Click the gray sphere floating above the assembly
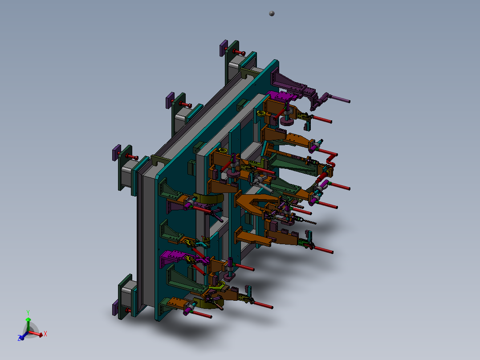point(272,13)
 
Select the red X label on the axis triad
point(45,333)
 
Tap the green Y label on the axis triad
point(28,312)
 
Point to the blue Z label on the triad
point(20,339)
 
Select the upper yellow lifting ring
point(262,114)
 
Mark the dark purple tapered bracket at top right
point(289,82)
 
